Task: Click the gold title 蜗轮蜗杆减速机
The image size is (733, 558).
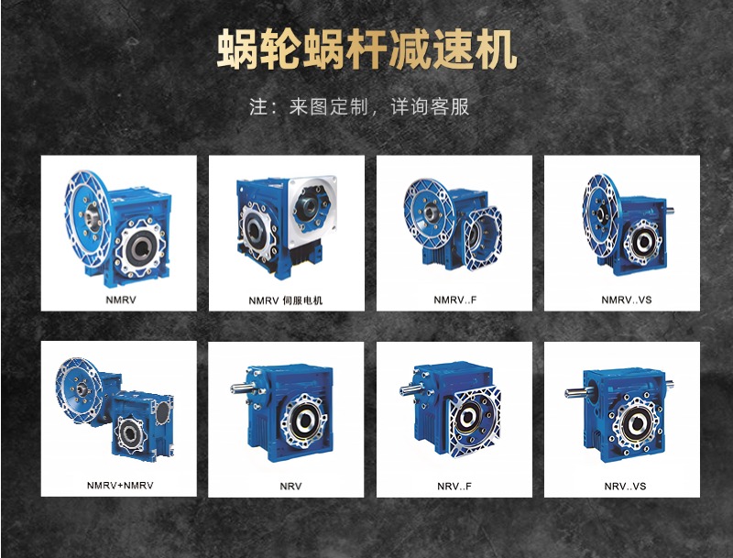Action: point(366,51)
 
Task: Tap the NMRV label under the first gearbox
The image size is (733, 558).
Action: point(119,299)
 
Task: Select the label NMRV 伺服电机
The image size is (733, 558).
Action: point(286,300)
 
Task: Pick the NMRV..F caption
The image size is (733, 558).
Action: point(455,300)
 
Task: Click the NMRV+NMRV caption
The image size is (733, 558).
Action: point(120,485)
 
